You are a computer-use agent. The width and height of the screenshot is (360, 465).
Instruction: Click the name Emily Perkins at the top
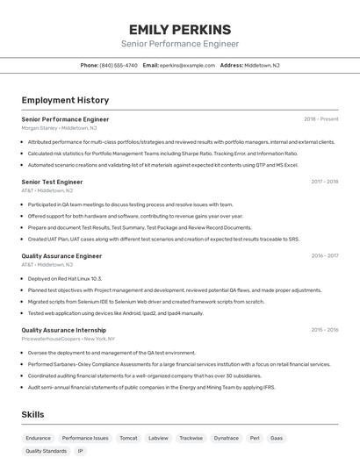pos(179,29)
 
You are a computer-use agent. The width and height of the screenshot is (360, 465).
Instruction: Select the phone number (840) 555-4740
pos(119,65)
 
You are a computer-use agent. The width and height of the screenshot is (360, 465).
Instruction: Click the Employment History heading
pos(65,100)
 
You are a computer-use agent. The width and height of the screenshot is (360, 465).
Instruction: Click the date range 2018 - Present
pos(320,118)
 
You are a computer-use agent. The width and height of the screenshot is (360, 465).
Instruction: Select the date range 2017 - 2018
pos(324,182)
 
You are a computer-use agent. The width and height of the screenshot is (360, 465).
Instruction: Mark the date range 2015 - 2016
pos(324,330)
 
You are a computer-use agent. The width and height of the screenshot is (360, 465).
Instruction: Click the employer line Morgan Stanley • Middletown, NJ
pos(59,127)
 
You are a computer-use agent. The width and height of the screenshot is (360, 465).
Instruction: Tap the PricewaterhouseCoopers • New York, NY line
pos(68,338)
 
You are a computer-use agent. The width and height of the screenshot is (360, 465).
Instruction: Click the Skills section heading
pos(33,414)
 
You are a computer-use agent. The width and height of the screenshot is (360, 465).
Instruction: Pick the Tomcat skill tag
pos(128,437)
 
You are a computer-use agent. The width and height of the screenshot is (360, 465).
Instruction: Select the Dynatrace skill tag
pos(226,437)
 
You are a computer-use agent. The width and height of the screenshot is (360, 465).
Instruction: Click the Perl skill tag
pos(255,437)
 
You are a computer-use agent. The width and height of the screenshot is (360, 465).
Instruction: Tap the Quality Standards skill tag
pos(46,451)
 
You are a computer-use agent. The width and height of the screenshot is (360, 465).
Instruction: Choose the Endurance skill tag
pos(38,437)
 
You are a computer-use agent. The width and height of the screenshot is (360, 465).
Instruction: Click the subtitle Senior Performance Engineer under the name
pos(179,44)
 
